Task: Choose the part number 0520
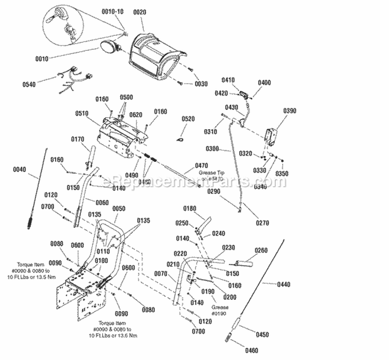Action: click(189, 119)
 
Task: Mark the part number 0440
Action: click(284, 284)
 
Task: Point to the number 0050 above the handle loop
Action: click(119, 208)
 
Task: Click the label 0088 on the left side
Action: click(57, 244)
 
